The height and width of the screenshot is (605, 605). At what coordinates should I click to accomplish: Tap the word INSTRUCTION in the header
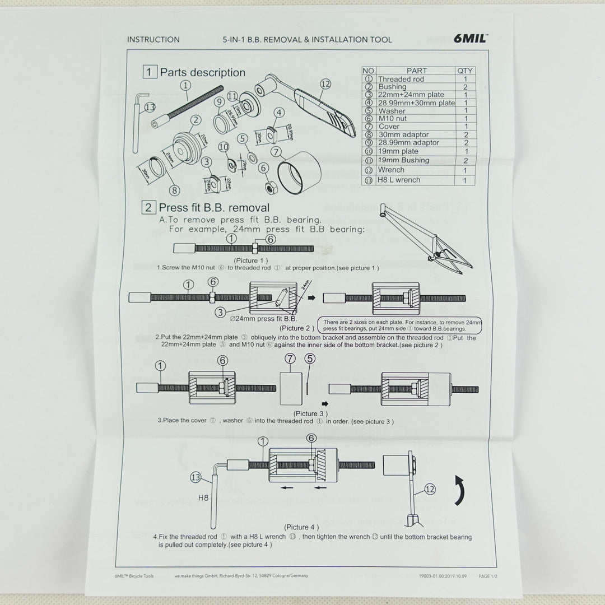[153, 40]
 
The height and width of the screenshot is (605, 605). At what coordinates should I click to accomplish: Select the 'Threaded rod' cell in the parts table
[401, 80]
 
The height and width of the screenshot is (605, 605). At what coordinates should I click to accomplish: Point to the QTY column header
[465, 71]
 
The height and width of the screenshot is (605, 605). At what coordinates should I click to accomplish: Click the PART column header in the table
[416, 71]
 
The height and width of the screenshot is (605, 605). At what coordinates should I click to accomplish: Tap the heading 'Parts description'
[202, 73]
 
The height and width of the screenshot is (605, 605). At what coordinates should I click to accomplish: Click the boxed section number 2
[150, 208]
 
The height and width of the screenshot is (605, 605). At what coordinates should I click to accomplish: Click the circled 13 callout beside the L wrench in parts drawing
[149, 106]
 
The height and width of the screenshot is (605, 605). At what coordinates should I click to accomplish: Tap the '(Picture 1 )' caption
[250, 260]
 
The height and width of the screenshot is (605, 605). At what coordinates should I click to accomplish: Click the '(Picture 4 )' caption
[301, 527]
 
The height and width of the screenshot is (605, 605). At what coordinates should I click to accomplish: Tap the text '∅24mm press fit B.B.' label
[267, 319]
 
